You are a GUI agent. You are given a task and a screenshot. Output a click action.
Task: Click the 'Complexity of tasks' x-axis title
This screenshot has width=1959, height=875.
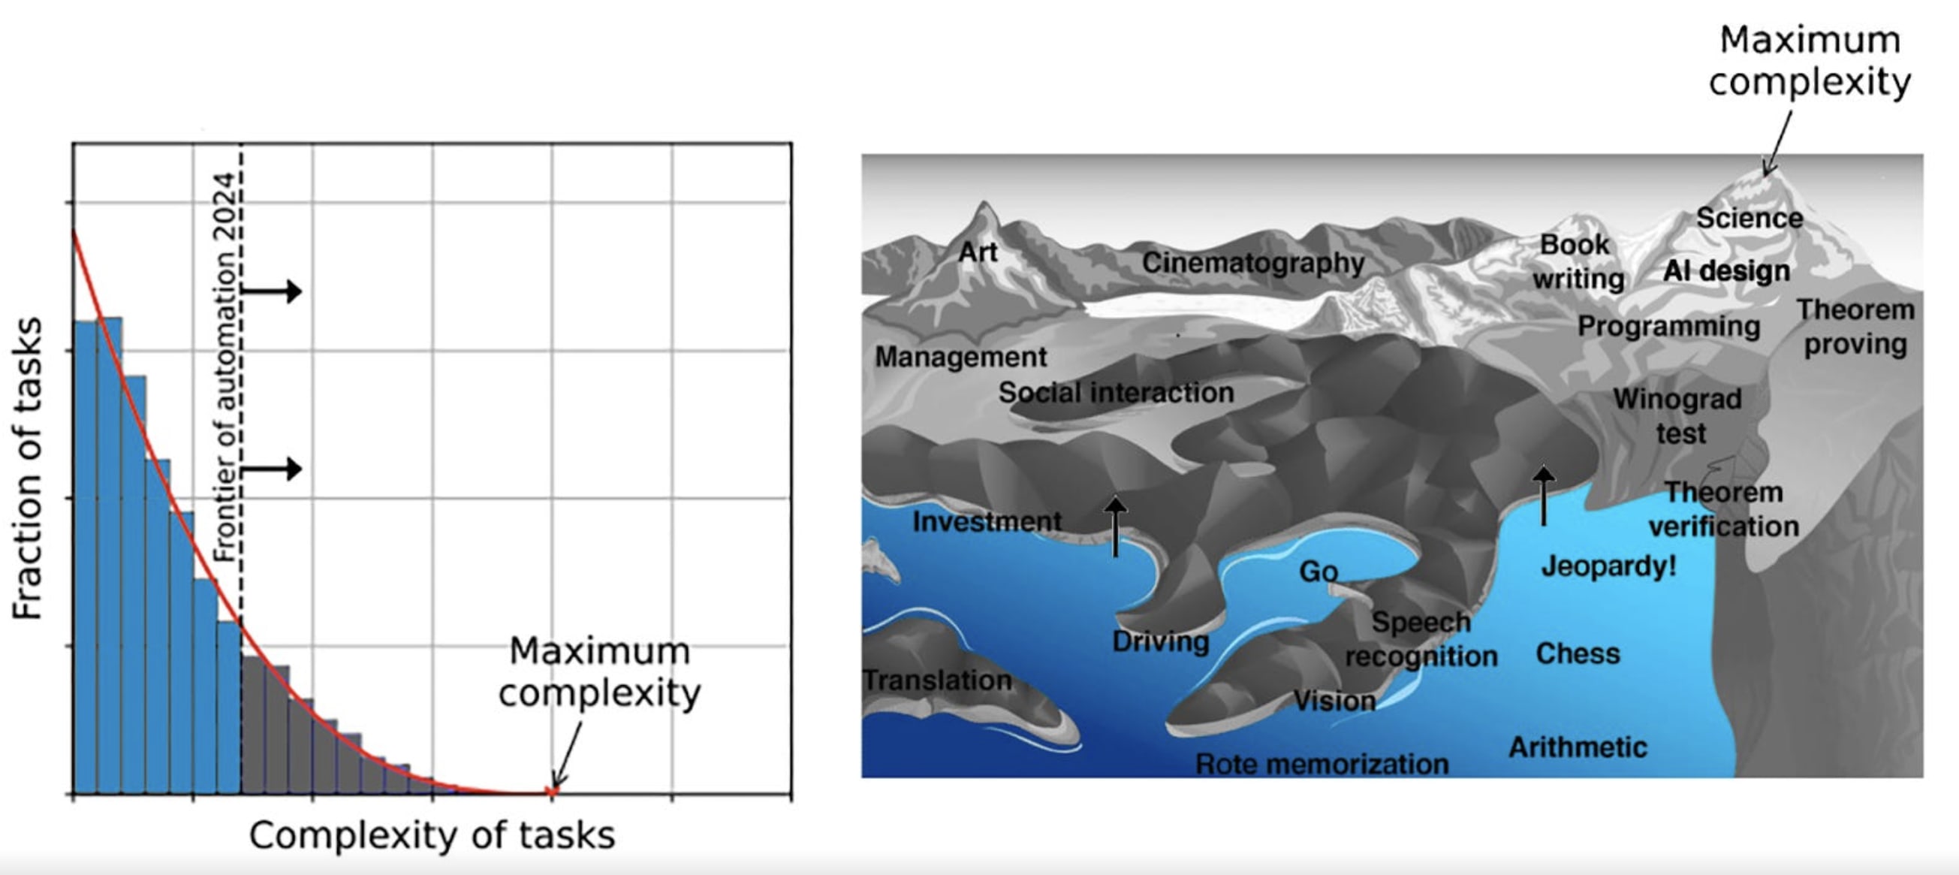432,834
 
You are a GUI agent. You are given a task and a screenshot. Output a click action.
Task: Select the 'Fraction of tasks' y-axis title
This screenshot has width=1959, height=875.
27,468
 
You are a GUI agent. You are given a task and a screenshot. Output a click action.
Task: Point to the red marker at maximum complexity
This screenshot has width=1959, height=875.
553,792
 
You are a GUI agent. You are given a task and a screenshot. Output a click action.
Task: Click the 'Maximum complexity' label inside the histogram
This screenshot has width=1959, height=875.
599,672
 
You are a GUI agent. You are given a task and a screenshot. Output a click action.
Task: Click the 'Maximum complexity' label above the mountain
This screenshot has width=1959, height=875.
1809,61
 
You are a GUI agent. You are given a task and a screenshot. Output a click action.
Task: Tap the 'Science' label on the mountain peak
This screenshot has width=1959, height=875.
1749,219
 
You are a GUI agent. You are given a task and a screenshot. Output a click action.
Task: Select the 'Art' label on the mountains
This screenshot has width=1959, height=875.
977,252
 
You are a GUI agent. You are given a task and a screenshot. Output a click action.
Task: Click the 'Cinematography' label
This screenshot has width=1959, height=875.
1252,263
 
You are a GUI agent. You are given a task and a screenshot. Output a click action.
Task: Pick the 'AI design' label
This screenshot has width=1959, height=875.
1726,271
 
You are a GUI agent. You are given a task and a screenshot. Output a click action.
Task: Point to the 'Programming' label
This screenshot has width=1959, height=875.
1668,327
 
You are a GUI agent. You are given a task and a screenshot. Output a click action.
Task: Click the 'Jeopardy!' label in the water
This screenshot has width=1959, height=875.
1608,566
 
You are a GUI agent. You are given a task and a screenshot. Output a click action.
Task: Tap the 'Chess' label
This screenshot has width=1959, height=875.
1578,653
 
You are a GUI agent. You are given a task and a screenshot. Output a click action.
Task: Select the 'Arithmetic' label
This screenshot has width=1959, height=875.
1578,747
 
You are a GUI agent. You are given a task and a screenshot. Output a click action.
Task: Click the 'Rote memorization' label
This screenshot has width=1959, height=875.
1322,764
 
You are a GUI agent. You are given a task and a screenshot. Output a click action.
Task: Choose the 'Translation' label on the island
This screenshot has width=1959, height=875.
938,680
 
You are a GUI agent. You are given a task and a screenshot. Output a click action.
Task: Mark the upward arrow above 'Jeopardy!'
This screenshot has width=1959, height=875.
1543,495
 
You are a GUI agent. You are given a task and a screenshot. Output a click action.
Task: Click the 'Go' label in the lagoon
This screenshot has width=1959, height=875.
1318,572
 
